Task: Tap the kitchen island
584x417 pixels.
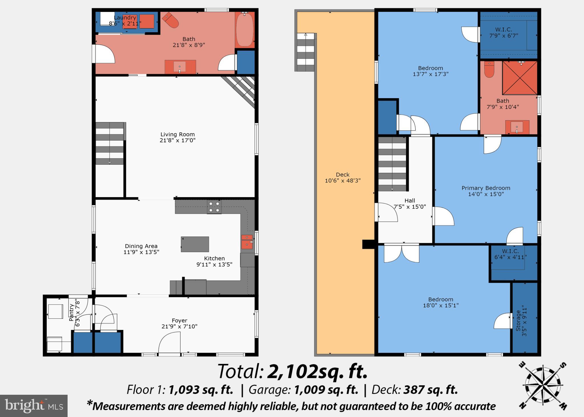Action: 195,244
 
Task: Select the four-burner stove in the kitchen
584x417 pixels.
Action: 214,207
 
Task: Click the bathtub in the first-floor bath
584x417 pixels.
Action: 245,30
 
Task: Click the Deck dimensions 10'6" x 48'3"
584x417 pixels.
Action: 342,181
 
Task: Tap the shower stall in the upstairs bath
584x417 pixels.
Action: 520,78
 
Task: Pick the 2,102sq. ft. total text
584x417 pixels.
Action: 317,372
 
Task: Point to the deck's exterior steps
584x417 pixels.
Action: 305,52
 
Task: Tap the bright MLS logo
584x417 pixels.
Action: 34,406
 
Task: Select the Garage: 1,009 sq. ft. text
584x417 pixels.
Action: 303,390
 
